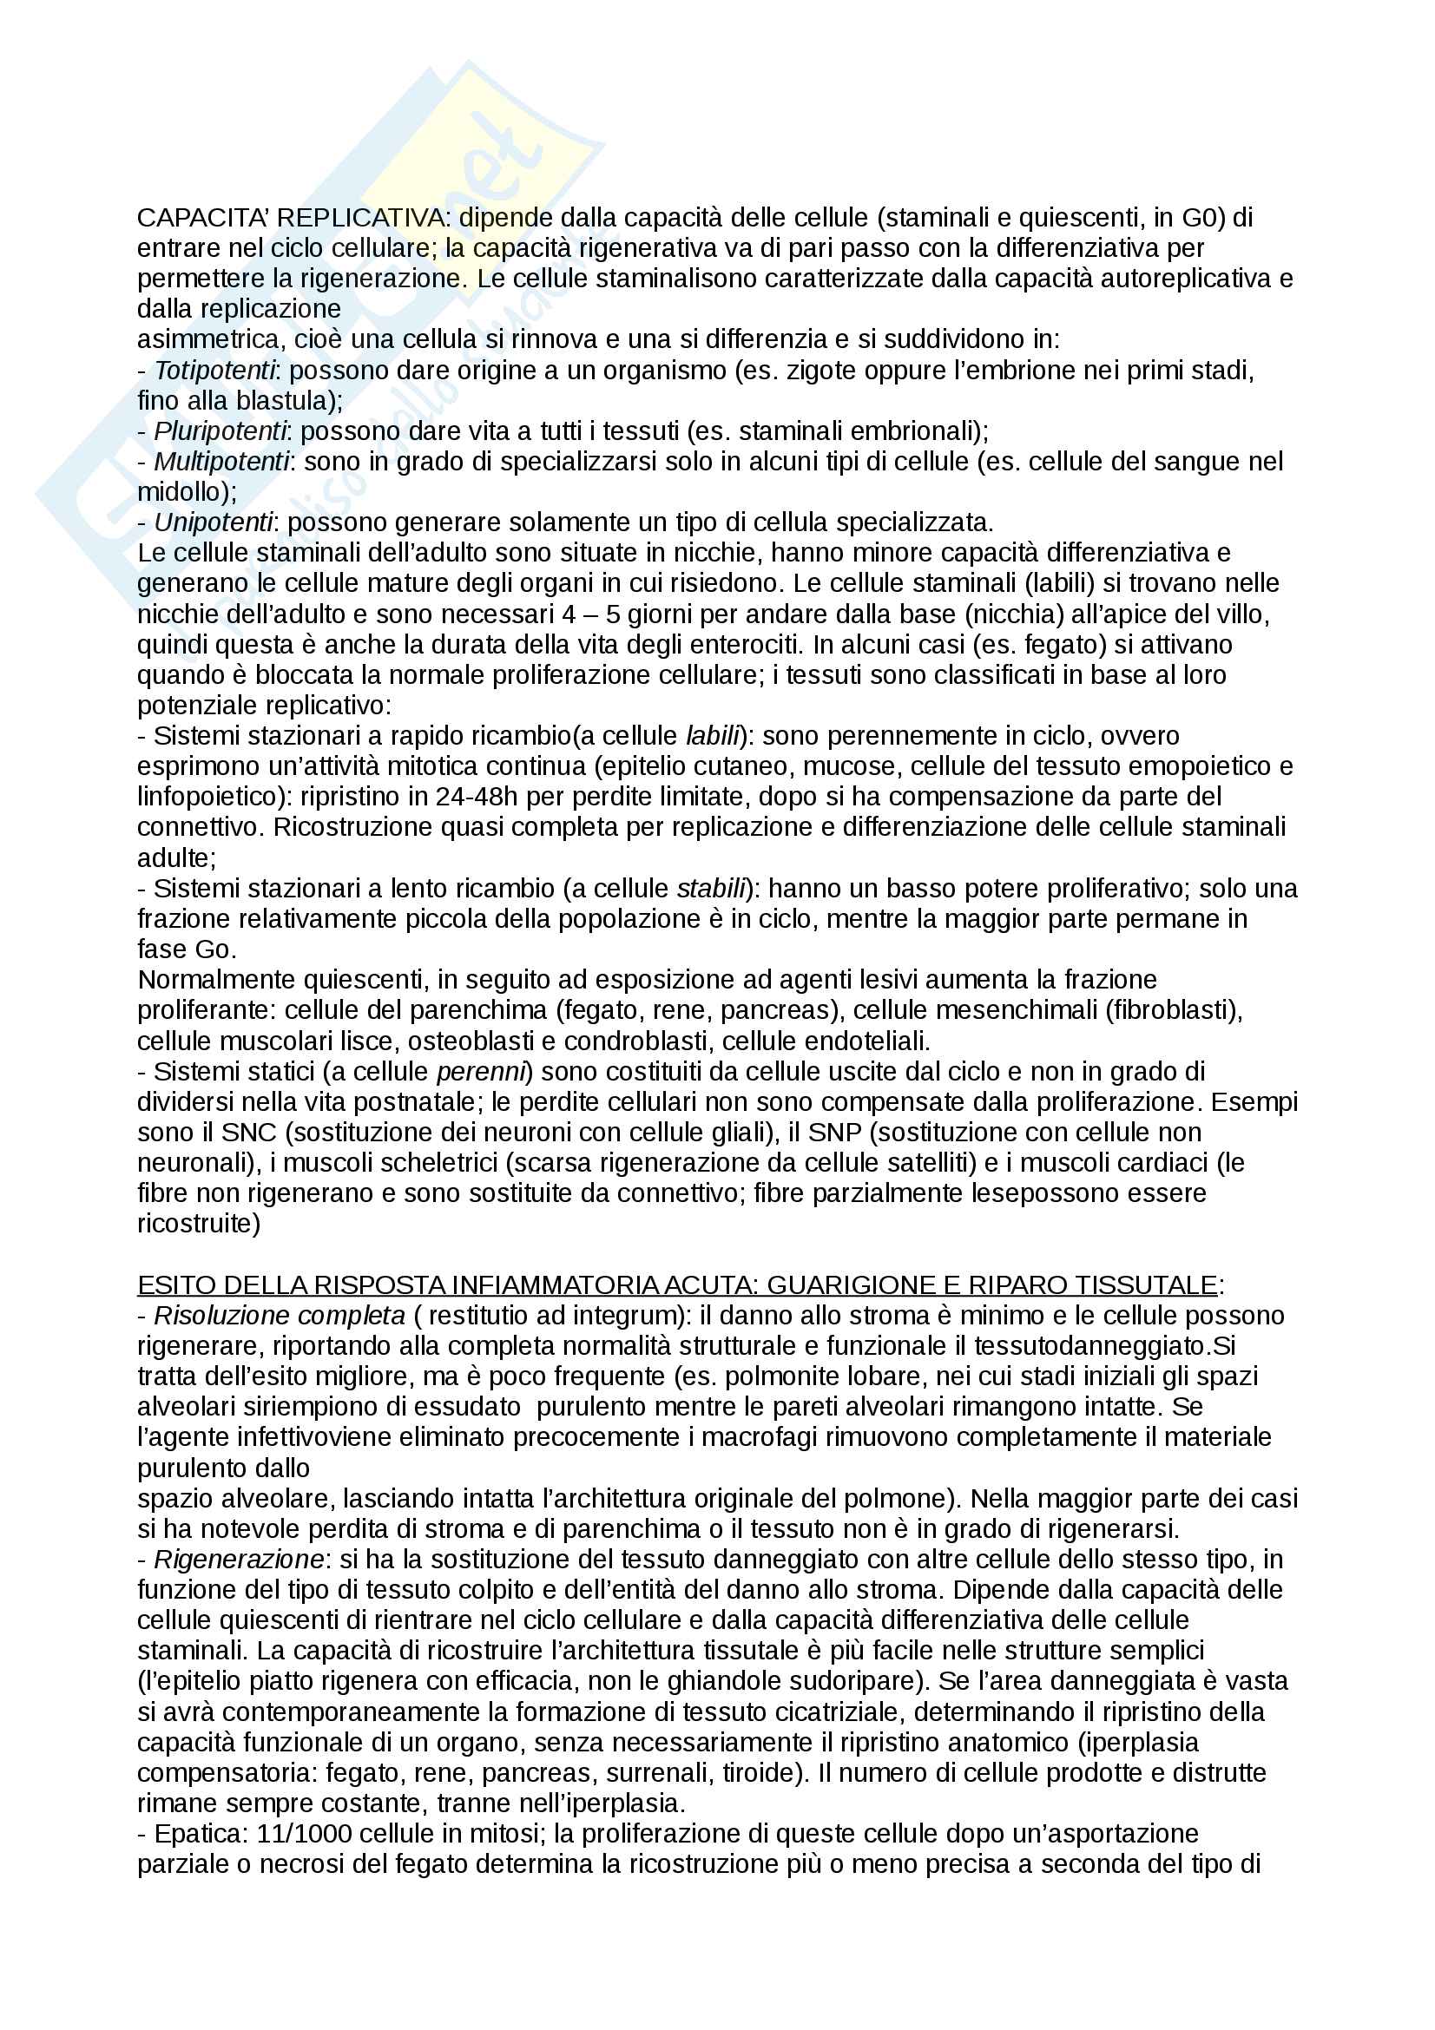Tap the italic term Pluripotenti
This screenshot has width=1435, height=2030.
(x=221, y=431)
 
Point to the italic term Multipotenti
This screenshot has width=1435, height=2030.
(x=221, y=462)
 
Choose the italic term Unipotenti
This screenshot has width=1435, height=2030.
(x=213, y=522)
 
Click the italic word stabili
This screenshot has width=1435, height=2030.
(x=711, y=889)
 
